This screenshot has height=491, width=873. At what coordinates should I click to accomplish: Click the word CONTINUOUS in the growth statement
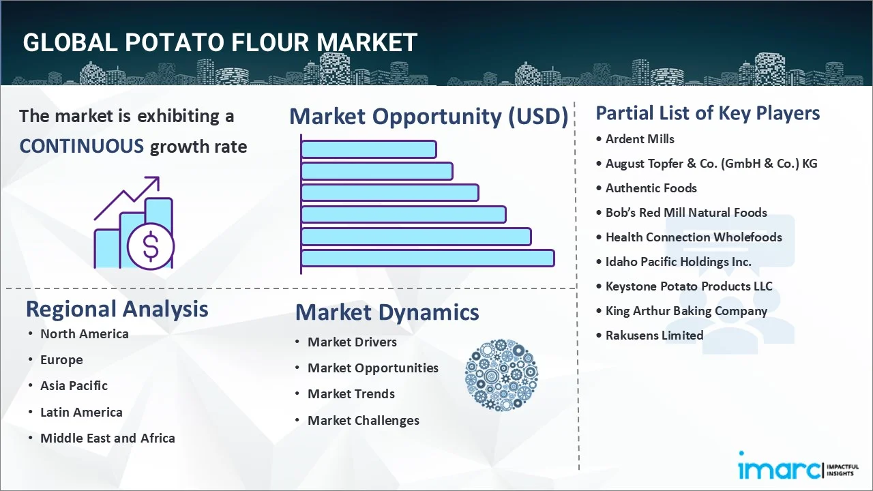pos(81,146)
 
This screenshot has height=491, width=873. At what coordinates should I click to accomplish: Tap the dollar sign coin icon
pos(151,248)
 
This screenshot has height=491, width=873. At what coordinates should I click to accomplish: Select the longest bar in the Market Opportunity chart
pos(427,258)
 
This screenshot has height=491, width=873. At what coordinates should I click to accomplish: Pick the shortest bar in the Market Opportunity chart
pos(368,149)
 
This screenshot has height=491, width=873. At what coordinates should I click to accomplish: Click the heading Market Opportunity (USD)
pos(428,117)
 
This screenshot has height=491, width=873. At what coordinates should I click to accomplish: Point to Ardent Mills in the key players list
pos(640,139)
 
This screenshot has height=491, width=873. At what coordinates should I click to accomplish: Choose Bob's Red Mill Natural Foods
pos(686,213)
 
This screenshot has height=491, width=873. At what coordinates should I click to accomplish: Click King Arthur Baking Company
pos(686,311)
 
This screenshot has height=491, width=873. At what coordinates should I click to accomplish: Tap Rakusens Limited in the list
pos(654,336)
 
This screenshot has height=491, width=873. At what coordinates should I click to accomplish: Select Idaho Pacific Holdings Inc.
pos(678,262)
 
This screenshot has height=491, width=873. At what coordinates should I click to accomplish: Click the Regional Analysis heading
pos(117,309)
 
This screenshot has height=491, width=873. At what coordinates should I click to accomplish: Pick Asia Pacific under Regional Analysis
pos(74,386)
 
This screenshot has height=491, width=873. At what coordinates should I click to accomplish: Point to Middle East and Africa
pos(108,438)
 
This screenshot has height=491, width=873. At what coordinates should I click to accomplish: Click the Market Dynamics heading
pos(387,312)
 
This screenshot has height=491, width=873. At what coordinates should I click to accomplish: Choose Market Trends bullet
pos(351,394)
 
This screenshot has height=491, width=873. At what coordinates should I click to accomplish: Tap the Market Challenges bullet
pos(363,421)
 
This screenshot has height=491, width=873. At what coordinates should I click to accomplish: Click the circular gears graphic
pos(501,375)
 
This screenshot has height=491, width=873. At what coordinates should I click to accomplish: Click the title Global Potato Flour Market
pos(220,42)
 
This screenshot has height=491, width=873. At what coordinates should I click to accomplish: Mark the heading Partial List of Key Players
pos(707,113)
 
